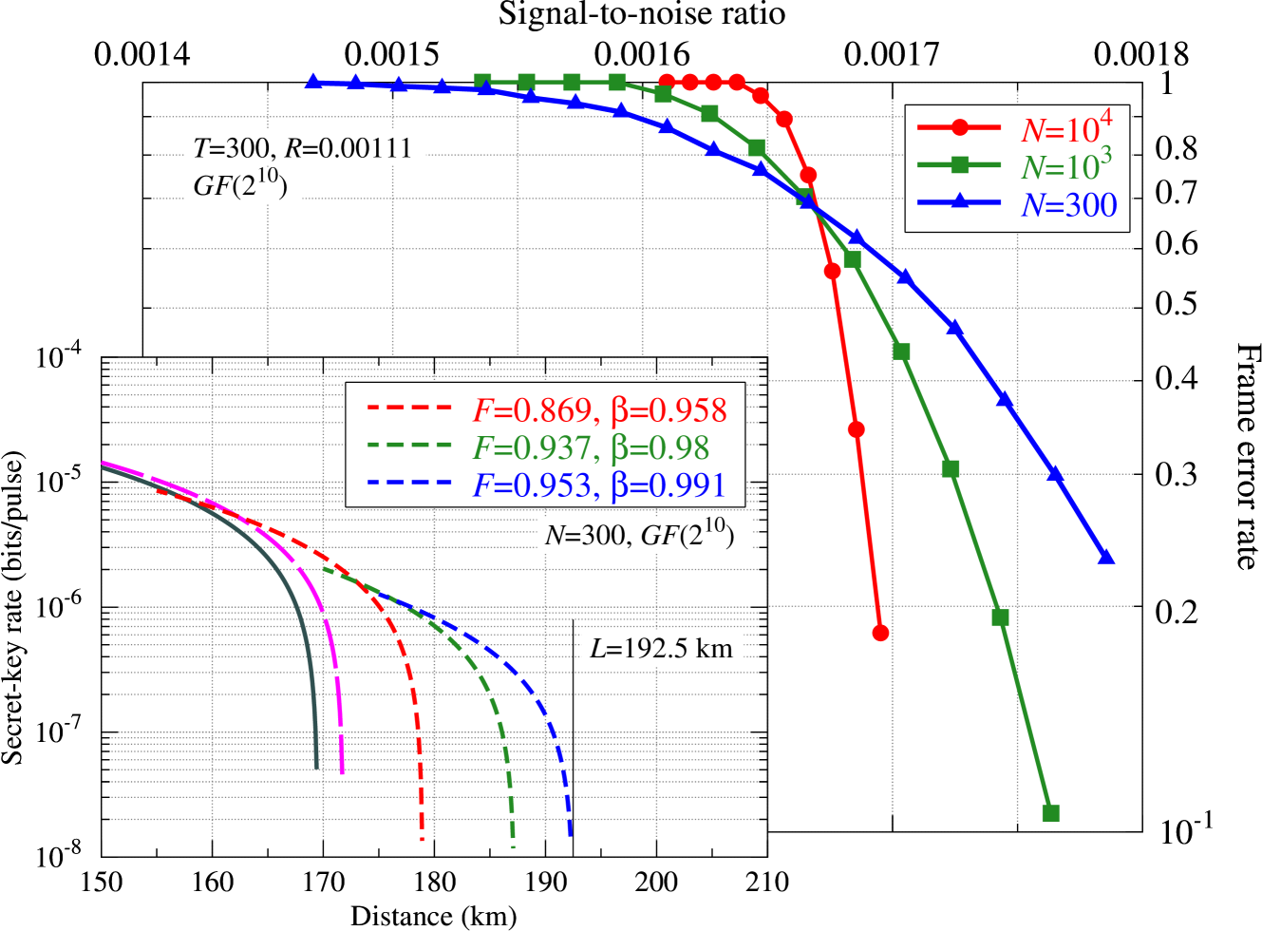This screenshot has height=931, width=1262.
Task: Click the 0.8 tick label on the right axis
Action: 1176,148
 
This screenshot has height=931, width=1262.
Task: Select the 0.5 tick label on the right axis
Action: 1176,303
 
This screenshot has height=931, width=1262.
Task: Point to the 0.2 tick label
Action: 1176,612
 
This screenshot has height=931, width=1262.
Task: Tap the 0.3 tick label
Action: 1176,473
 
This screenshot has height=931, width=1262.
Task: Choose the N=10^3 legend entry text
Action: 1065,166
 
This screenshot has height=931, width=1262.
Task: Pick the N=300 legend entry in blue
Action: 1068,204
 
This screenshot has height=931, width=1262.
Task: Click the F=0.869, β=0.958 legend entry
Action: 599,409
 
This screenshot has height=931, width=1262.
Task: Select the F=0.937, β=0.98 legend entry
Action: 591,446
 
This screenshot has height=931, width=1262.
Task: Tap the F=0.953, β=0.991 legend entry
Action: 599,484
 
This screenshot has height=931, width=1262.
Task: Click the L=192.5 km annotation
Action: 661,649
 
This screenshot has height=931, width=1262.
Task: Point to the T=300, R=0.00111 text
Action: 303,147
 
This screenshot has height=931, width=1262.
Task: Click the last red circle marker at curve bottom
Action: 880,633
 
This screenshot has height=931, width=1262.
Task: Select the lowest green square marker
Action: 1050,813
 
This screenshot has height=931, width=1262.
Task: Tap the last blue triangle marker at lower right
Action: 1105,557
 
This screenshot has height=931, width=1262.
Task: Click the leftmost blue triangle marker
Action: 311,83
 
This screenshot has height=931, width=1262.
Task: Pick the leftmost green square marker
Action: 482,83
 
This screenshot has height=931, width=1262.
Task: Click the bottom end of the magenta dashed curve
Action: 341,771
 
